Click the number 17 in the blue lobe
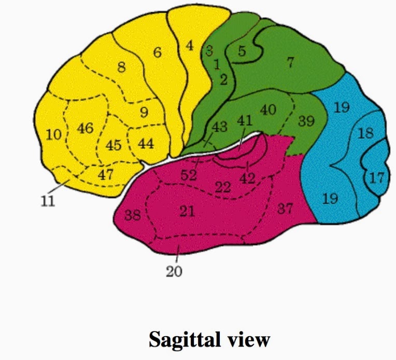click(x=377, y=178)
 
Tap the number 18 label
click(x=365, y=133)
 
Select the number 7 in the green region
click(x=290, y=63)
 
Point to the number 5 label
click(x=242, y=51)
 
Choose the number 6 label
click(x=158, y=52)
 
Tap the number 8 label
click(x=121, y=67)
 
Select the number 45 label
click(x=113, y=145)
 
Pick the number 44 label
click(x=146, y=143)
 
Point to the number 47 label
click(x=106, y=174)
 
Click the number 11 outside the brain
click(x=48, y=201)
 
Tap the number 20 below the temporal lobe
click(x=174, y=271)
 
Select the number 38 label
click(x=132, y=215)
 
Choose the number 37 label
click(x=285, y=209)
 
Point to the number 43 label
click(x=220, y=127)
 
